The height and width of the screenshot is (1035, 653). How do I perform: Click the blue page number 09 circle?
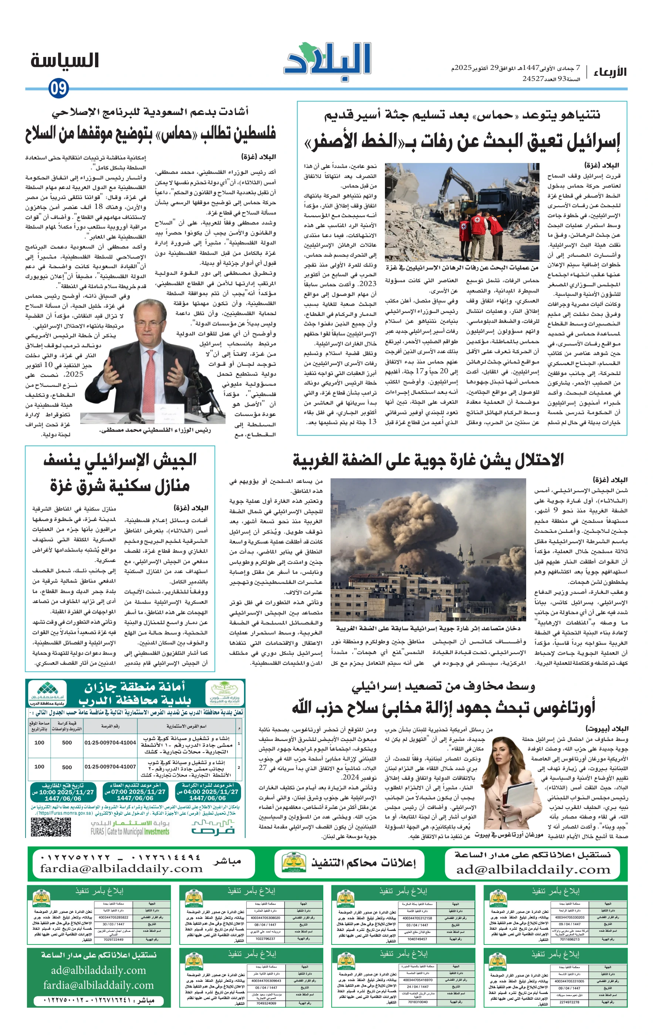pos(59,89)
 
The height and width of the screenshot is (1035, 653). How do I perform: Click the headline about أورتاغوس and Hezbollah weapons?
pos(443,707)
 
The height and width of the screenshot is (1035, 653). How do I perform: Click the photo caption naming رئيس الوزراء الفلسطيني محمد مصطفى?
pos(155,430)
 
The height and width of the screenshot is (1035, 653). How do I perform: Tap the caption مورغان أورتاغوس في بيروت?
pos(508,834)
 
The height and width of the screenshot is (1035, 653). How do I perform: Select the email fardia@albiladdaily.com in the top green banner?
pos(121,869)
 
